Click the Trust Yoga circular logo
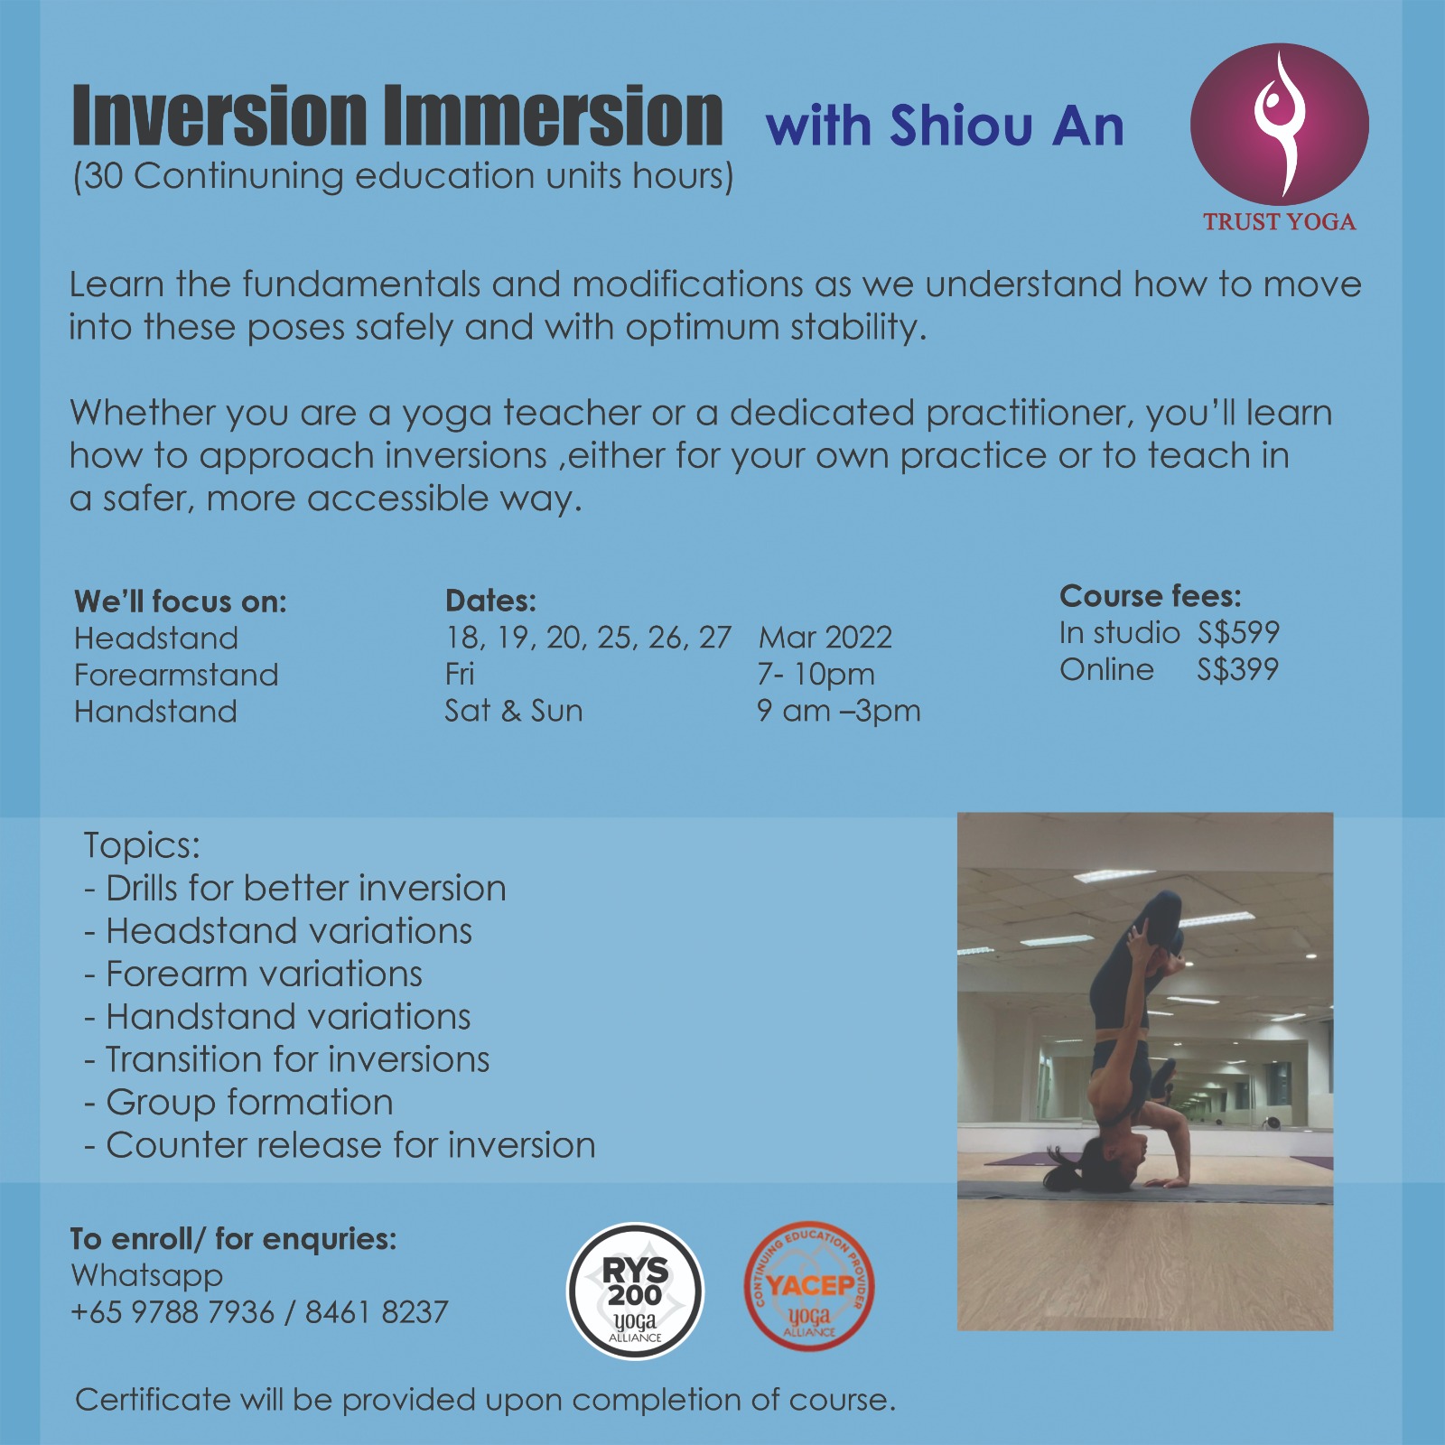click(1279, 124)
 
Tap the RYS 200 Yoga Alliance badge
click(635, 1291)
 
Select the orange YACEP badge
click(809, 1287)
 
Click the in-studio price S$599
click(1238, 633)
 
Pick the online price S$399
click(1238, 669)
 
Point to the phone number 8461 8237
click(377, 1312)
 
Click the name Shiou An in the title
click(1007, 126)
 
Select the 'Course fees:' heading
click(1151, 596)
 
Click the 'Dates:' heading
click(490, 601)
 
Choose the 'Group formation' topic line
click(239, 1103)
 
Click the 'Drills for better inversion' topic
click(295, 889)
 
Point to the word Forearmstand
click(176, 675)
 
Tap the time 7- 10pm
click(816, 675)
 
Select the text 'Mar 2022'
click(825, 638)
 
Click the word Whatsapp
click(146, 1276)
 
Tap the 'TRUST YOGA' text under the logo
click(1280, 222)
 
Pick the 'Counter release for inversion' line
click(340, 1145)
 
